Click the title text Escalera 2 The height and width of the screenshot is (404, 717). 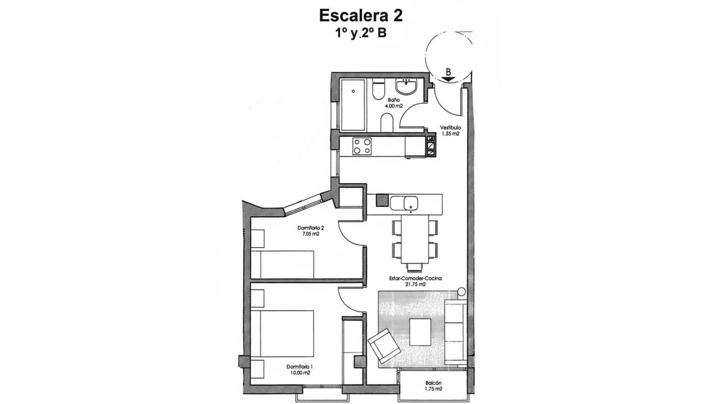(x=360, y=16)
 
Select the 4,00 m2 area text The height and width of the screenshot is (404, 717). (x=394, y=106)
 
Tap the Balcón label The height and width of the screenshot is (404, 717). (x=433, y=383)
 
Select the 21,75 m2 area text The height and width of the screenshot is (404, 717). (x=415, y=284)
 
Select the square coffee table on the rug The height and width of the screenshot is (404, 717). (x=423, y=332)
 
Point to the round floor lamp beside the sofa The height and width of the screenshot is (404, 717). (x=462, y=292)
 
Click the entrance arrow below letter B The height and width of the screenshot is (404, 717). (x=447, y=79)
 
